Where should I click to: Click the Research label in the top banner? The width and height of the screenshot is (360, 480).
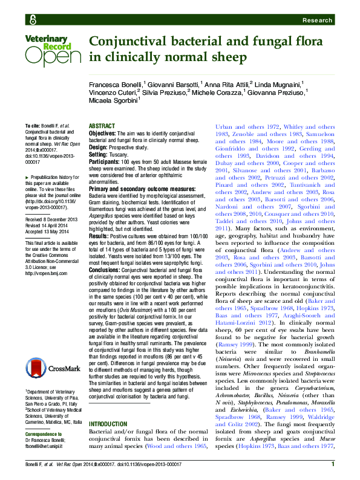[318, 20]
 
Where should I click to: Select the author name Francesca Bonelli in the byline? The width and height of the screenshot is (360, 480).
[116, 83]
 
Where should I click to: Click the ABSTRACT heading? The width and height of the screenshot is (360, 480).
[102, 126]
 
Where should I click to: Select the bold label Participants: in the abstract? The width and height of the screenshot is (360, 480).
[106, 161]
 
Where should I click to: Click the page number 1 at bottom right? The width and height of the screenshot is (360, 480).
[333, 464]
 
